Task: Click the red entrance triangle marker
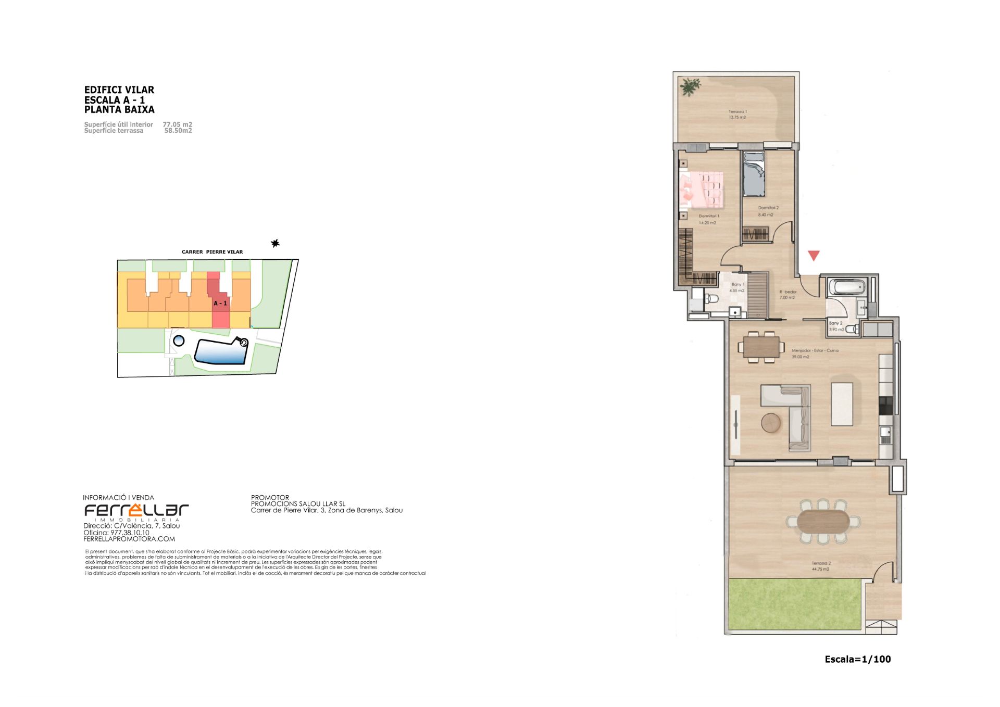(814, 255)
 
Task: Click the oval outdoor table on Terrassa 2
(822, 522)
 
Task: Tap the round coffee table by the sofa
(771, 423)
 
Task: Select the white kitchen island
(842, 404)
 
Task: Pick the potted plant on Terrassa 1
(690, 86)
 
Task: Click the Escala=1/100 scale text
(857, 659)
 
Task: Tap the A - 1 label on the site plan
(220, 303)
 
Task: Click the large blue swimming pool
(221, 351)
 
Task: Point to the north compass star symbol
(276, 243)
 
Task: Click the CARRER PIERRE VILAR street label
(212, 252)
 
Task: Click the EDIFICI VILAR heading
(119, 90)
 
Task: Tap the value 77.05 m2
(177, 124)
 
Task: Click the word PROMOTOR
(270, 497)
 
